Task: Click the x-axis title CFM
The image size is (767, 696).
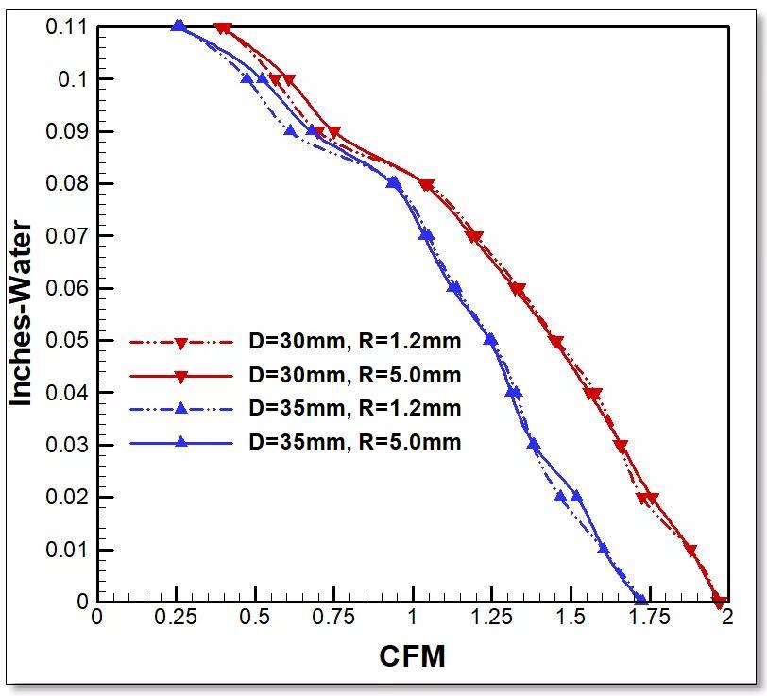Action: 412,655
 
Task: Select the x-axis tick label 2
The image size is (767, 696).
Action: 726,617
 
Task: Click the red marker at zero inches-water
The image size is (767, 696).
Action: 718,600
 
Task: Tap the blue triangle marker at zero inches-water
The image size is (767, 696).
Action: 639,599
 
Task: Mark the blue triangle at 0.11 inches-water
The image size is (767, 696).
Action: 178,25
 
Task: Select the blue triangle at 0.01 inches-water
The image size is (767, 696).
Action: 604,548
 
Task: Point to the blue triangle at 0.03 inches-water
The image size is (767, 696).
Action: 534,444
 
